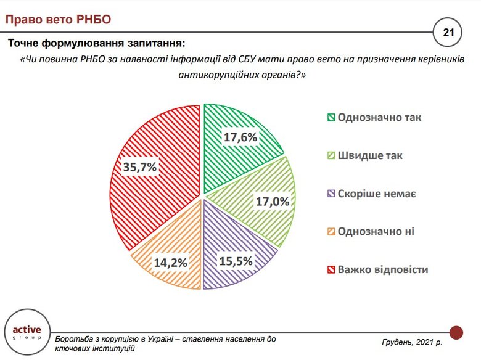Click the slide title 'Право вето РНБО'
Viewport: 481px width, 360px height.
coord(59,19)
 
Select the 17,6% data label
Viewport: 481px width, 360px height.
coord(240,137)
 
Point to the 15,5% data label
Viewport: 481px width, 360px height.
coord(236,261)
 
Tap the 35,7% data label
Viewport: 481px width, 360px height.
coord(141,166)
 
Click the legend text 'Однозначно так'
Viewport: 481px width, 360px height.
coord(379,117)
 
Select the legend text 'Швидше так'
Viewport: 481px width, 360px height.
coord(370,155)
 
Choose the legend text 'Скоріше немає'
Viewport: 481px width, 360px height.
coord(377,194)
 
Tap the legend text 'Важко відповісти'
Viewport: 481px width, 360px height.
coord(382,269)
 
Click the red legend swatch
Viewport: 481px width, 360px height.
coord(331,269)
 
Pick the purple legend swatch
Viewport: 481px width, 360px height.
coord(331,194)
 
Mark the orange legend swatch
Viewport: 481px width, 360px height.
coord(331,232)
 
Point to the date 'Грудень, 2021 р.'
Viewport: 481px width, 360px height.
coord(412,342)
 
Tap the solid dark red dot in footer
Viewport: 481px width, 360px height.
coord(456,332)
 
